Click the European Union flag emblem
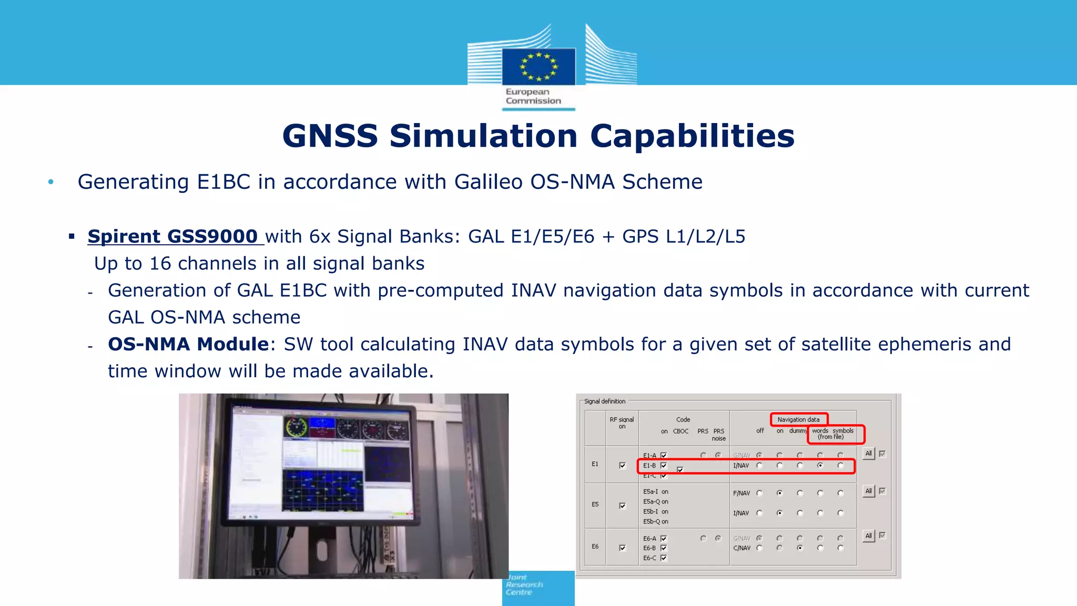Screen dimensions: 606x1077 (x=538, y=66)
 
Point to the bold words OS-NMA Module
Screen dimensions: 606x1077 (x=188, y=344)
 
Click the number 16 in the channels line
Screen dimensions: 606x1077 (x=160, y=264)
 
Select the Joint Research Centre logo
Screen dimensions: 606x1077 (x=538, y=588)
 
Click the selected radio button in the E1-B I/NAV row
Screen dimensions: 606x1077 (x=820, y=466)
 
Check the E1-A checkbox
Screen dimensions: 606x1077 (x=664, y=456)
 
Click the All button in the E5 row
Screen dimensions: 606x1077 (x=868, y=491)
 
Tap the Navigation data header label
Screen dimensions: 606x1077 (x=798, y=419)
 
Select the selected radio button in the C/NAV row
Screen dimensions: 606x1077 (x=800, y=548)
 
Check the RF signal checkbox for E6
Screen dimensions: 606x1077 (x=623, y=548)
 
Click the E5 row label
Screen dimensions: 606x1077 (x=595, y=504)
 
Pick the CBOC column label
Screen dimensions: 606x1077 (x=680, y=431)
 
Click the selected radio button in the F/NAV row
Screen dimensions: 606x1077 (x=780, y=493)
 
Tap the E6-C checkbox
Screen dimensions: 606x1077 (x=664, y=558)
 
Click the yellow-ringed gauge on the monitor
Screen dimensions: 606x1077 (x=296, y=427)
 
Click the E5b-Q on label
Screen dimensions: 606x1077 (x=655, y=522)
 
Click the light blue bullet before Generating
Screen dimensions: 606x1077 (x=51, y=182)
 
